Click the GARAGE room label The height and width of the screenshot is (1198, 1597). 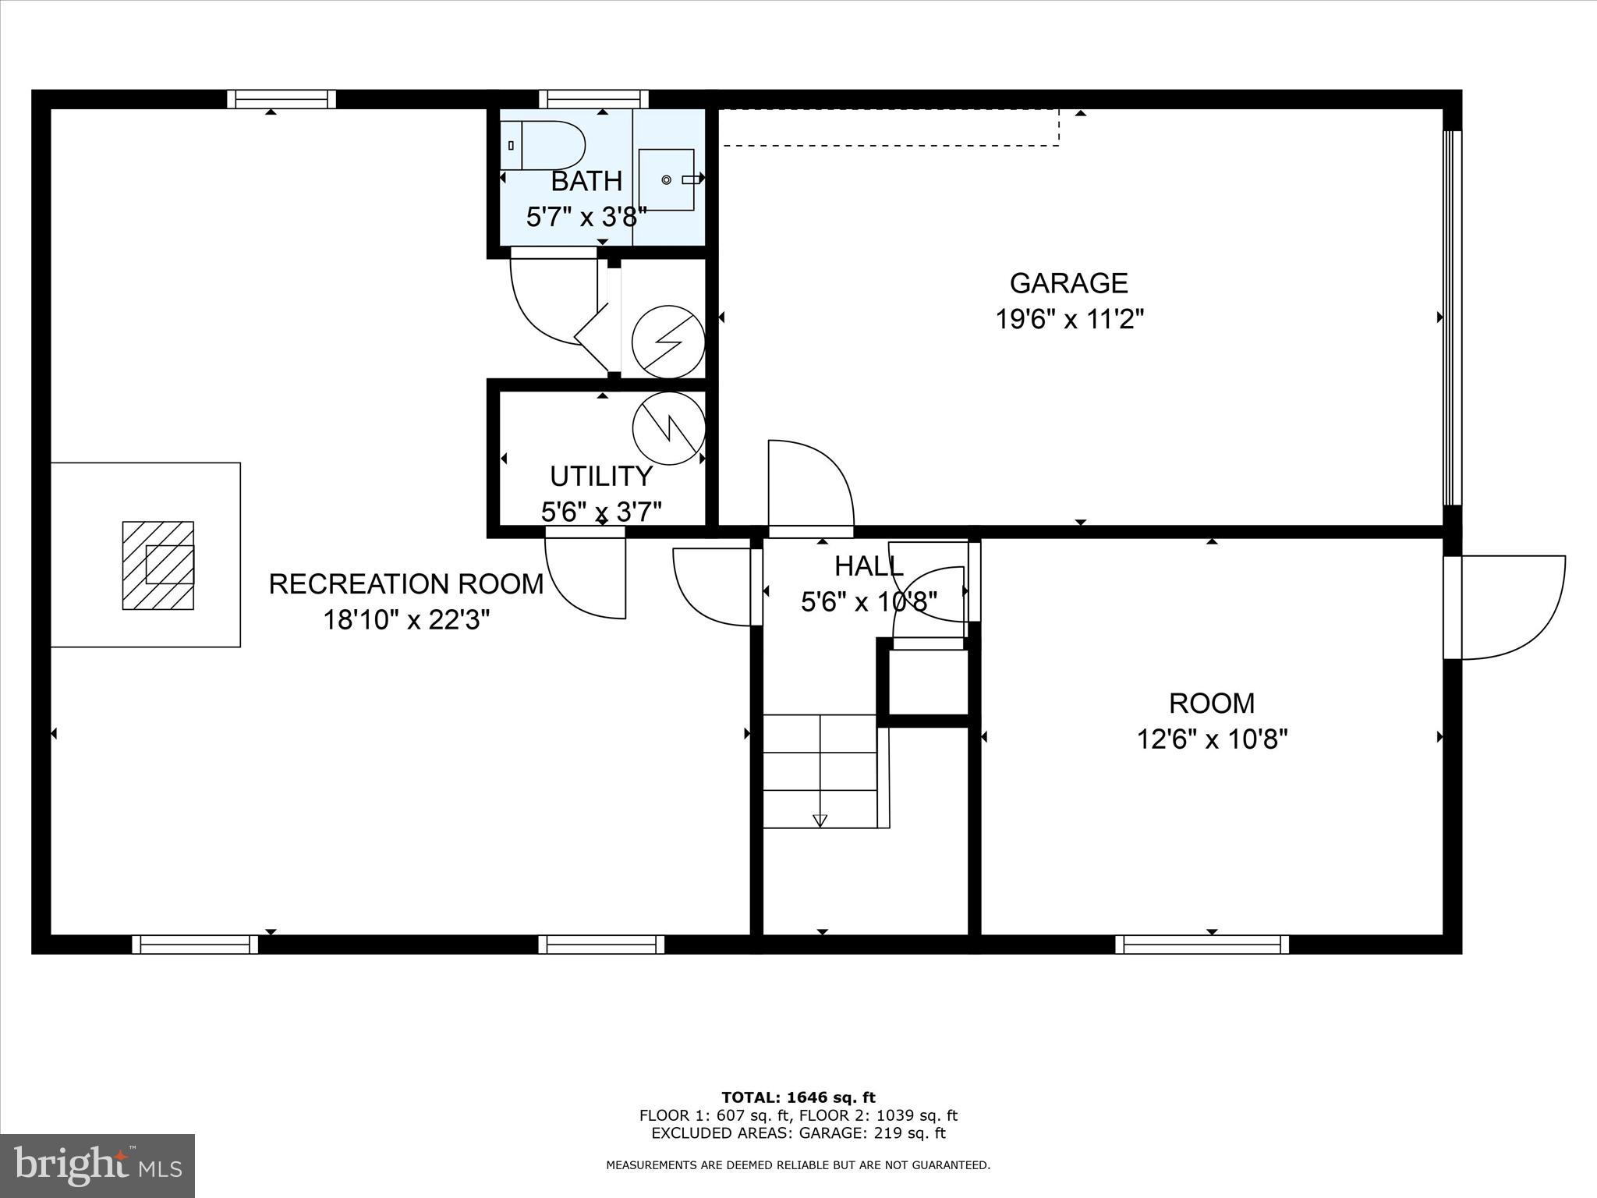pyautogui.click(x=1068, y=283)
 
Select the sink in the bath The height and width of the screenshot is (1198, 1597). pyautogui.click(x=667, y=179)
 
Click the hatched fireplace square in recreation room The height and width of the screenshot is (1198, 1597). pyautogui.click(x=158, y=565)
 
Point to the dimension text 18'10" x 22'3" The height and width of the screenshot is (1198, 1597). pyautogui.click(x=406, y=620)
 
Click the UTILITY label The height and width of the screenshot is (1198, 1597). pyautogui.click(x=600, y=476)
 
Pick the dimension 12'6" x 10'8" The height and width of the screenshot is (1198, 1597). pyautogui.click(x=1212, y=739)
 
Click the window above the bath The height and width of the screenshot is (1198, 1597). pyautogui.click(x=594, y=99)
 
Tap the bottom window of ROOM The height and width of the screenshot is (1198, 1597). pyautogui.click(x=1202, y=945)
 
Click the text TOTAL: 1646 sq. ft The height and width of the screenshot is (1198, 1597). pyautogui.click(x=798, y=1098)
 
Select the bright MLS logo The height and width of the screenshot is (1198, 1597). pyautogui.click(x=97, y=1165)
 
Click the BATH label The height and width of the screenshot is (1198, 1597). pyautogui.click(x=586, y=181)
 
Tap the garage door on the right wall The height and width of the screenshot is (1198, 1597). pyautogui.click(x=1452, y=317)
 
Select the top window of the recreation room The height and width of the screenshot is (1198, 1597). pyautogui.click(x=282, y=99)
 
